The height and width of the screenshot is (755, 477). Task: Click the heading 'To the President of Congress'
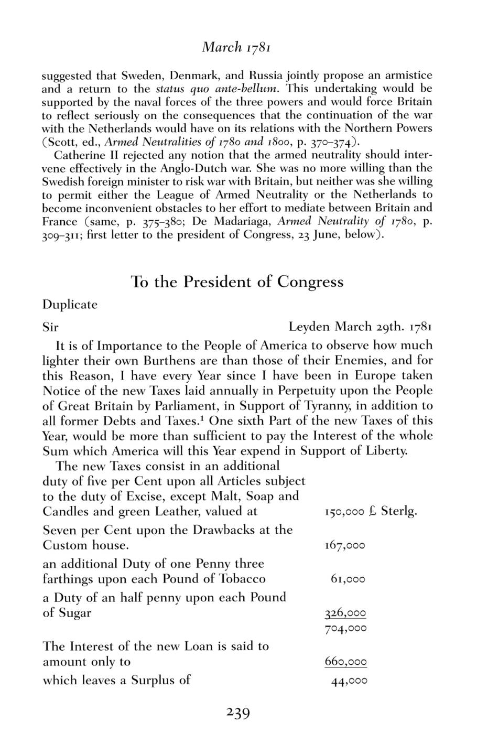pos(237,282)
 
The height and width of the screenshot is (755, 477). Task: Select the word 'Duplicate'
pos(70,305)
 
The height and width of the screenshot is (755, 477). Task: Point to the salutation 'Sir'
pos(50,328)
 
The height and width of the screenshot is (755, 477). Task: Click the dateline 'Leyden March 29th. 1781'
pos(360,328)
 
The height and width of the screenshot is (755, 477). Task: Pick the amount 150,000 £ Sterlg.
pos(371,511)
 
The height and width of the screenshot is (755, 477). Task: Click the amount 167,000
pos(345,545)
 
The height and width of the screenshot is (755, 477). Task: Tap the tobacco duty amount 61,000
pos(348,579)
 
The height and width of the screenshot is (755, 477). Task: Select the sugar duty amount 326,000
pos(345,613)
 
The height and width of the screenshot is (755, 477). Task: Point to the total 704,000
pos(345,628)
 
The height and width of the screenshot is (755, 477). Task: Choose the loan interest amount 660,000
pos(345,662)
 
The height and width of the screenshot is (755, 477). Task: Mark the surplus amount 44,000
pos(349,681)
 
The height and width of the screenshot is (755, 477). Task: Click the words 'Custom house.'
pos(85,545)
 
